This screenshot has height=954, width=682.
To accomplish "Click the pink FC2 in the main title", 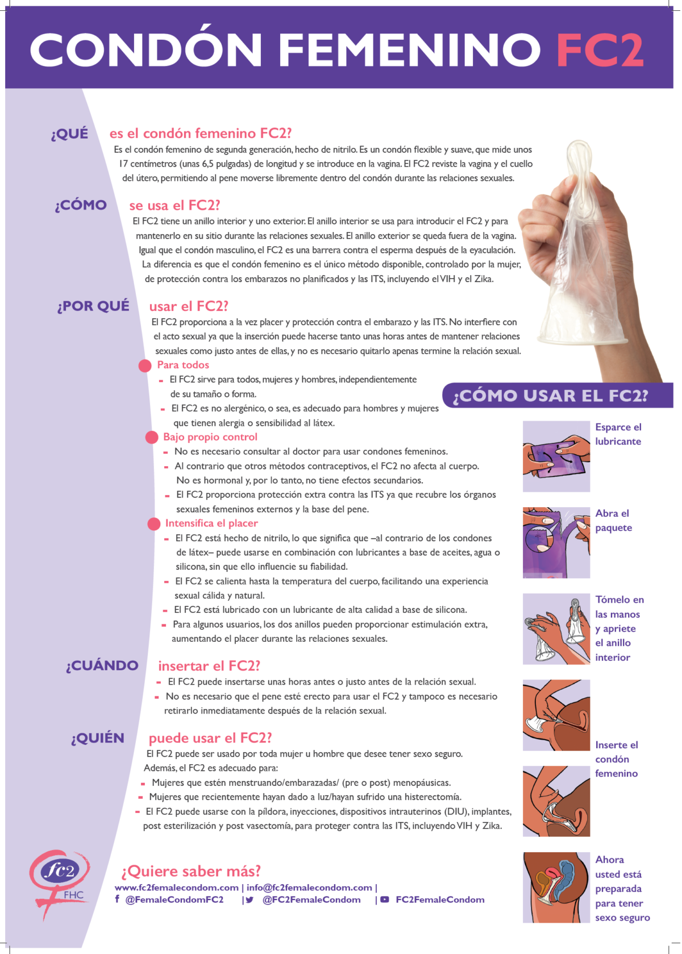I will [x=600, y=50].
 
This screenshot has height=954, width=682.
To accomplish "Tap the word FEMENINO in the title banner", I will [x=409, y=50].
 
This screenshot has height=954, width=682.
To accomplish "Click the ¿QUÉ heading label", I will [x=70, y=134].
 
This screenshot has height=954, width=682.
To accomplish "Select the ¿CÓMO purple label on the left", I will [x=81, y=205].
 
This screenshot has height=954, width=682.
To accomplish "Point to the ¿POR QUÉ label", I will [x=93, y=306].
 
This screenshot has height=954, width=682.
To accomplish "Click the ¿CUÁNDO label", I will [x=102, y=666].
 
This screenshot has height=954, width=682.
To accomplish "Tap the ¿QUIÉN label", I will [x=98, y=739].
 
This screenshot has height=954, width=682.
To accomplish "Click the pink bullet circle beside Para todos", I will [x=145, y=366].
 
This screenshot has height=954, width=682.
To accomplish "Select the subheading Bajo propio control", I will [x=210, y=437].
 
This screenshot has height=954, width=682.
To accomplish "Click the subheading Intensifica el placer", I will [x=211, y=524].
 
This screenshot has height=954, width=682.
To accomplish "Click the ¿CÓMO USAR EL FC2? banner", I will [x=550, y=396].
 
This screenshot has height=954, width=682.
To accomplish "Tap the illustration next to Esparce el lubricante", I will [x=556, y=457].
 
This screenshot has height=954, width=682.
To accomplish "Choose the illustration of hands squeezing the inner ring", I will [x=556, y=629].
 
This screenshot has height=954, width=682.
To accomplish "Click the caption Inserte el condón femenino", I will [x=617, y=759].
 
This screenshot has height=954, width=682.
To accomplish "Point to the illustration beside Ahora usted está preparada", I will [x=556, y=887].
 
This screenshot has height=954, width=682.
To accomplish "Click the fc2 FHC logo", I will [x=59, y=878].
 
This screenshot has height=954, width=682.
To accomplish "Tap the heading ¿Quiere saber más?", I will [x=191, y=872].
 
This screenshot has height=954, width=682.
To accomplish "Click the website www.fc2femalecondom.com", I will [x=177, y=887].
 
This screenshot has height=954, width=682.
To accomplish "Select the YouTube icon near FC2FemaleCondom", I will [x=385, y=900].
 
